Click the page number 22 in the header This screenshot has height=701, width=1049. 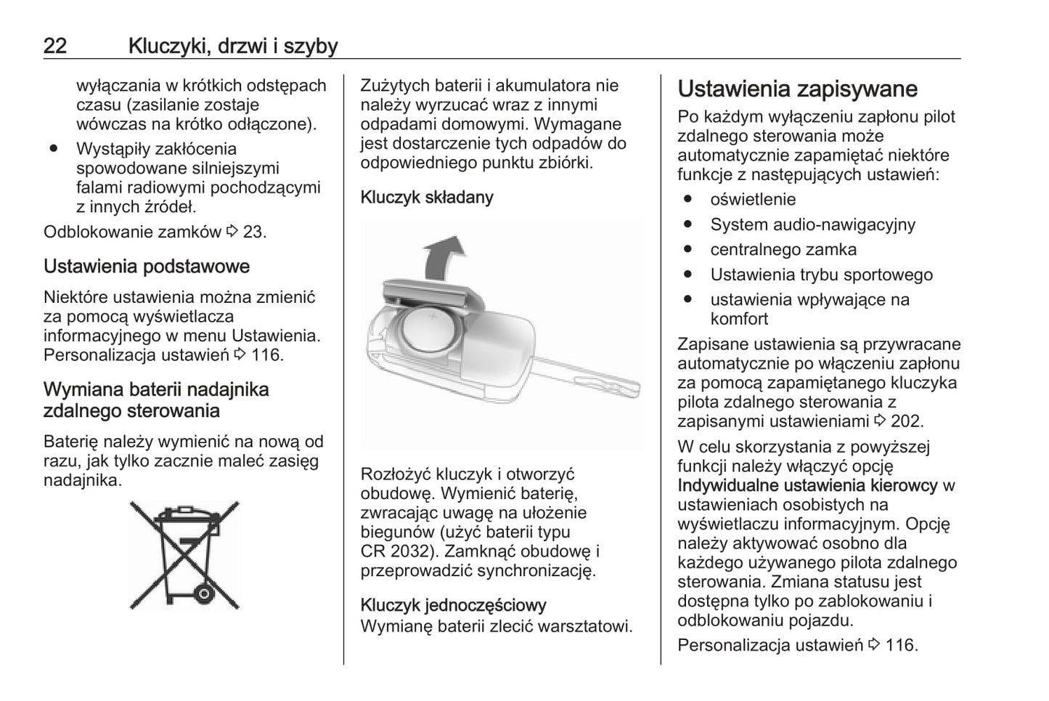(55, 46)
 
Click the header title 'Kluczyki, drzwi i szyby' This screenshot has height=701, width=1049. (233, 46)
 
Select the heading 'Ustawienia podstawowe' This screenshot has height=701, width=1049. (146, 267)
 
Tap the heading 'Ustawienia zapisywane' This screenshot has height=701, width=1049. (797, 89)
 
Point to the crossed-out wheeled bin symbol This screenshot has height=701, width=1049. (184, 555)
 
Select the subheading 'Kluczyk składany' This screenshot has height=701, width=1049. (427, 198)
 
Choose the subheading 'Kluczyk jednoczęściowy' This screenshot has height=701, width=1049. (453, 605)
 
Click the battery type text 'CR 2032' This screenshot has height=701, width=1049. (396, 551)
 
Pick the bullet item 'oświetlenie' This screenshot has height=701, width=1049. (753, 200)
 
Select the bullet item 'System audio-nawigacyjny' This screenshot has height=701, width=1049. (812, 224)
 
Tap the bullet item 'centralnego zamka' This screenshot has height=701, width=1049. (783, 250)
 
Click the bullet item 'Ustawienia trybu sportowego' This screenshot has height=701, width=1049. (821, 275)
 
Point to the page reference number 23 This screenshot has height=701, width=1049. (253, 232)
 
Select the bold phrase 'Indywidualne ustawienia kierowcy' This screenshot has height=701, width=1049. (807, 485)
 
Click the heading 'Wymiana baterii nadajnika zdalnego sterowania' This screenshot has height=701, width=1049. (155, 400)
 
